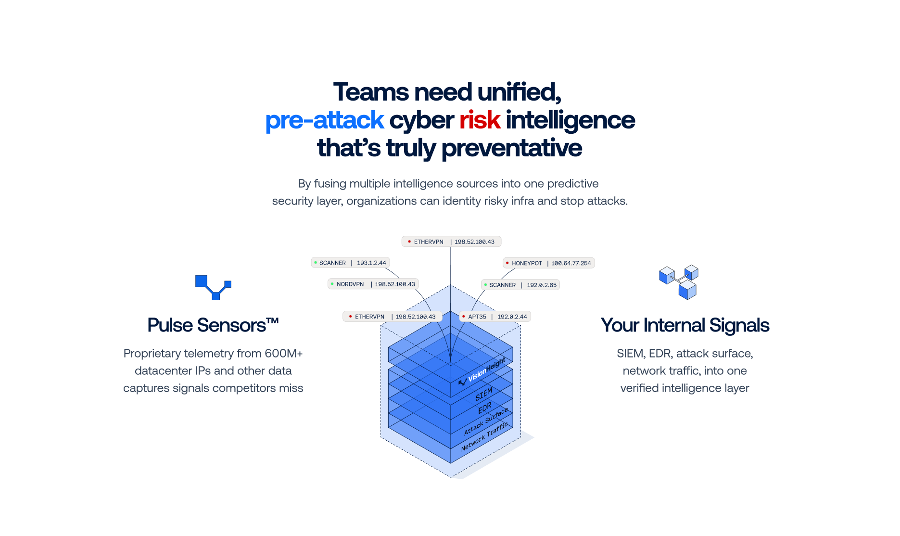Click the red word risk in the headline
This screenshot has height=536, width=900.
click(x=480, y=120)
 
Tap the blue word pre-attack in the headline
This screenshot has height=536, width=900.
click(x=324, y=120)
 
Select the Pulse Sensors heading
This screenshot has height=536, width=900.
click(x=213, y=325)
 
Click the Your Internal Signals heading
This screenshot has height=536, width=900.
click(x=685, y=325)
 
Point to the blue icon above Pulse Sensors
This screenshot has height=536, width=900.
click(x=213, y=287)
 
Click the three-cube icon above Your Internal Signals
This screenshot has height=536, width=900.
click(x=678, y=282)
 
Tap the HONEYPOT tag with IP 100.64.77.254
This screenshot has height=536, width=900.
click(x=548, y=263)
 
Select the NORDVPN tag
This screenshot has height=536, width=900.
click(x=373, y=284)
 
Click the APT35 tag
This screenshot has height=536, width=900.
click(x=494, y=317)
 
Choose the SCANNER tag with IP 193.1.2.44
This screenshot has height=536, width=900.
click(x=350, y=263)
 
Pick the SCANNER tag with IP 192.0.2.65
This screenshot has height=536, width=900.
click(x=520, y=285)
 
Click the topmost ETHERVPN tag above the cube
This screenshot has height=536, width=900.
click(x=451, y=242)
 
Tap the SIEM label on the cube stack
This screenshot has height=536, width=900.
click(x=483, y=394)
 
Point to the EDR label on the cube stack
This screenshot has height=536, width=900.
click(x=484, y=408)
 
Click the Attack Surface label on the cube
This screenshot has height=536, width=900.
click(x=486, y=421)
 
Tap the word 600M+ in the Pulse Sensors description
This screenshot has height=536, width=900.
click(x=283, y=354)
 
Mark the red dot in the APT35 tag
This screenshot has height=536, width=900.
click(x=463, y=317)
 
